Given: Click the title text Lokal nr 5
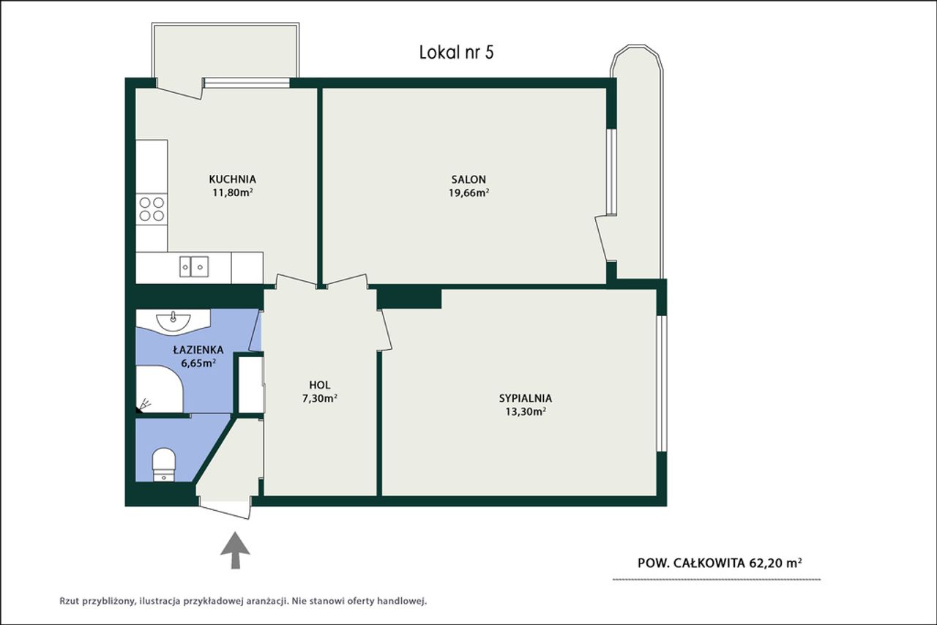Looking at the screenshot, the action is [x=456, y=53].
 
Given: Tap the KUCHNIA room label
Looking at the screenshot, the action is [x=232, y=179].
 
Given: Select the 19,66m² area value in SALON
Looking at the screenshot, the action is [x=469, y=193].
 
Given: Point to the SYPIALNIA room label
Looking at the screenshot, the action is [x=526, y=398].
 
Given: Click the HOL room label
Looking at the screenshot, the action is [x=320, y=385].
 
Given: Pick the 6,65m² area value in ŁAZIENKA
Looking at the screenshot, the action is [x=198, y=363].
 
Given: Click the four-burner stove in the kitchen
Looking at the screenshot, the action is [x=152, y=209].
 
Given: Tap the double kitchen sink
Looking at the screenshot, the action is [x=194, y=266].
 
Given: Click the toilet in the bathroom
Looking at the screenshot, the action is [x=163, y=464].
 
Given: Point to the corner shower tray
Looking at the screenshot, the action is [x=160, y=389].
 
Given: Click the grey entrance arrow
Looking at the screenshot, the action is [x=236, y=550].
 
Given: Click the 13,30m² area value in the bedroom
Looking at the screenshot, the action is [x=526, y=411].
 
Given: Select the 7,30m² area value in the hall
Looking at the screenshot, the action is [x=320, y=398].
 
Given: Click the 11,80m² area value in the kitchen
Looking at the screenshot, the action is [x=232, y=193].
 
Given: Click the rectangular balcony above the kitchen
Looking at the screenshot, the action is [x=225, y=52].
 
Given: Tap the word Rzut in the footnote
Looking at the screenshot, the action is [x=69, y=602].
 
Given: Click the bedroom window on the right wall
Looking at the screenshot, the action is [x=661, y=383].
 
